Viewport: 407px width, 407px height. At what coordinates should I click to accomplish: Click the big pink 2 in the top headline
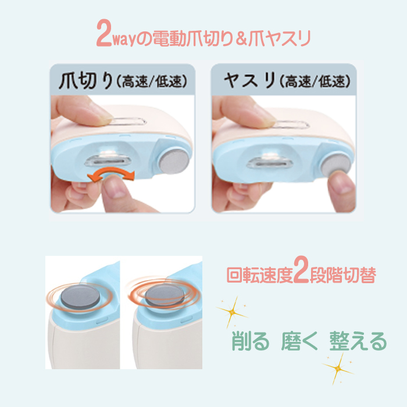click(x=104, y=33)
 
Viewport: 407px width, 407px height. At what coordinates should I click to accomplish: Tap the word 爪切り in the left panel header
click(x=86, y=81)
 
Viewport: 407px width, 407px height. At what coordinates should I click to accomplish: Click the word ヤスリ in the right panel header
click(x=249, y=81)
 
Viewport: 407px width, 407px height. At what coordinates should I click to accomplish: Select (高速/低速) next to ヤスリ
click(x=315, y=81)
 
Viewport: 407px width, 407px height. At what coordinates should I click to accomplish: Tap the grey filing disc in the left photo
click(x=174, y=161)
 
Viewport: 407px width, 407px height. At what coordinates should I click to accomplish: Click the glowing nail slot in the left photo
click(x=108, y=161)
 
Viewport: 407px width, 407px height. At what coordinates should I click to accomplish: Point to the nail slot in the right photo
click(x=270, y=163)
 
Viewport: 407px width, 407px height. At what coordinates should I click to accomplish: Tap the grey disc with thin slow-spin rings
click(x=80, y=297)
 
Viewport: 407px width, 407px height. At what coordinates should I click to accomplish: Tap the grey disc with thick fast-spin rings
click(x=165, y=295)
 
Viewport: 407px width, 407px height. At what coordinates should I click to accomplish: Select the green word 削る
click(x=250, y=341)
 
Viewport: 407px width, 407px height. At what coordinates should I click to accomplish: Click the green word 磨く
click(x=299, y=341)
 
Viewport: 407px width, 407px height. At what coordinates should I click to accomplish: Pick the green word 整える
click(x=358, y=341)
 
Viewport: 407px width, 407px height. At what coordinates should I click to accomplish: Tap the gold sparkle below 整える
click(x=338, y=368)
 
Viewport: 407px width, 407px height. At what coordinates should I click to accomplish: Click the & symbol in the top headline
click(x=241, y=39)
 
